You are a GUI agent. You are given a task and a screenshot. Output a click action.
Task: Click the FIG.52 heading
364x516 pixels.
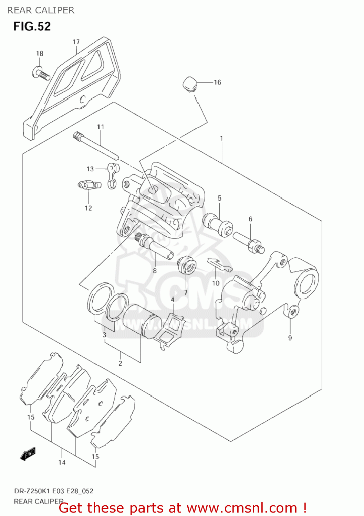[x=32, y=26]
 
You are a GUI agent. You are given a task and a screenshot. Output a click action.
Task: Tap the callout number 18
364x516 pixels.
[x=40, y=53]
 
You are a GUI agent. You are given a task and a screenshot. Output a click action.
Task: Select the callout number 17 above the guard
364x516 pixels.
[x=76, y=42]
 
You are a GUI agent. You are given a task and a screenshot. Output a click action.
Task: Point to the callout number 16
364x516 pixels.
[x=217, y=82]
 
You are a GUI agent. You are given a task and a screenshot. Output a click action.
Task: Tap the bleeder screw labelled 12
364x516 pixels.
[x=89, y=185]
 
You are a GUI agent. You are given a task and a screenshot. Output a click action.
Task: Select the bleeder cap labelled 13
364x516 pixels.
[x=112, y=175]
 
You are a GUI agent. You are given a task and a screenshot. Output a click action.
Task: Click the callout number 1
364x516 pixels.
[x=221, y=138]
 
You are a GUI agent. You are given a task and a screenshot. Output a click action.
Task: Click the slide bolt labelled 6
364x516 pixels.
[x=249, y=242]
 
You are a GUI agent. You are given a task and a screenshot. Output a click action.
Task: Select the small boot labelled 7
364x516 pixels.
[x=186, y=265]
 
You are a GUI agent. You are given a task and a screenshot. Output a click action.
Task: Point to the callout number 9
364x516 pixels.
[x=290, y=338]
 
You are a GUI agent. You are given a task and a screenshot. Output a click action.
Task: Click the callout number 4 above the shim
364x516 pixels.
[x=173, y=300]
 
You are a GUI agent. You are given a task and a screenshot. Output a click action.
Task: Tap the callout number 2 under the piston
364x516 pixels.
[x=120, y=363]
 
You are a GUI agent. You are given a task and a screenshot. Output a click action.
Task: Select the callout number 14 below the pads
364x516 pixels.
[x=62, y=462]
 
